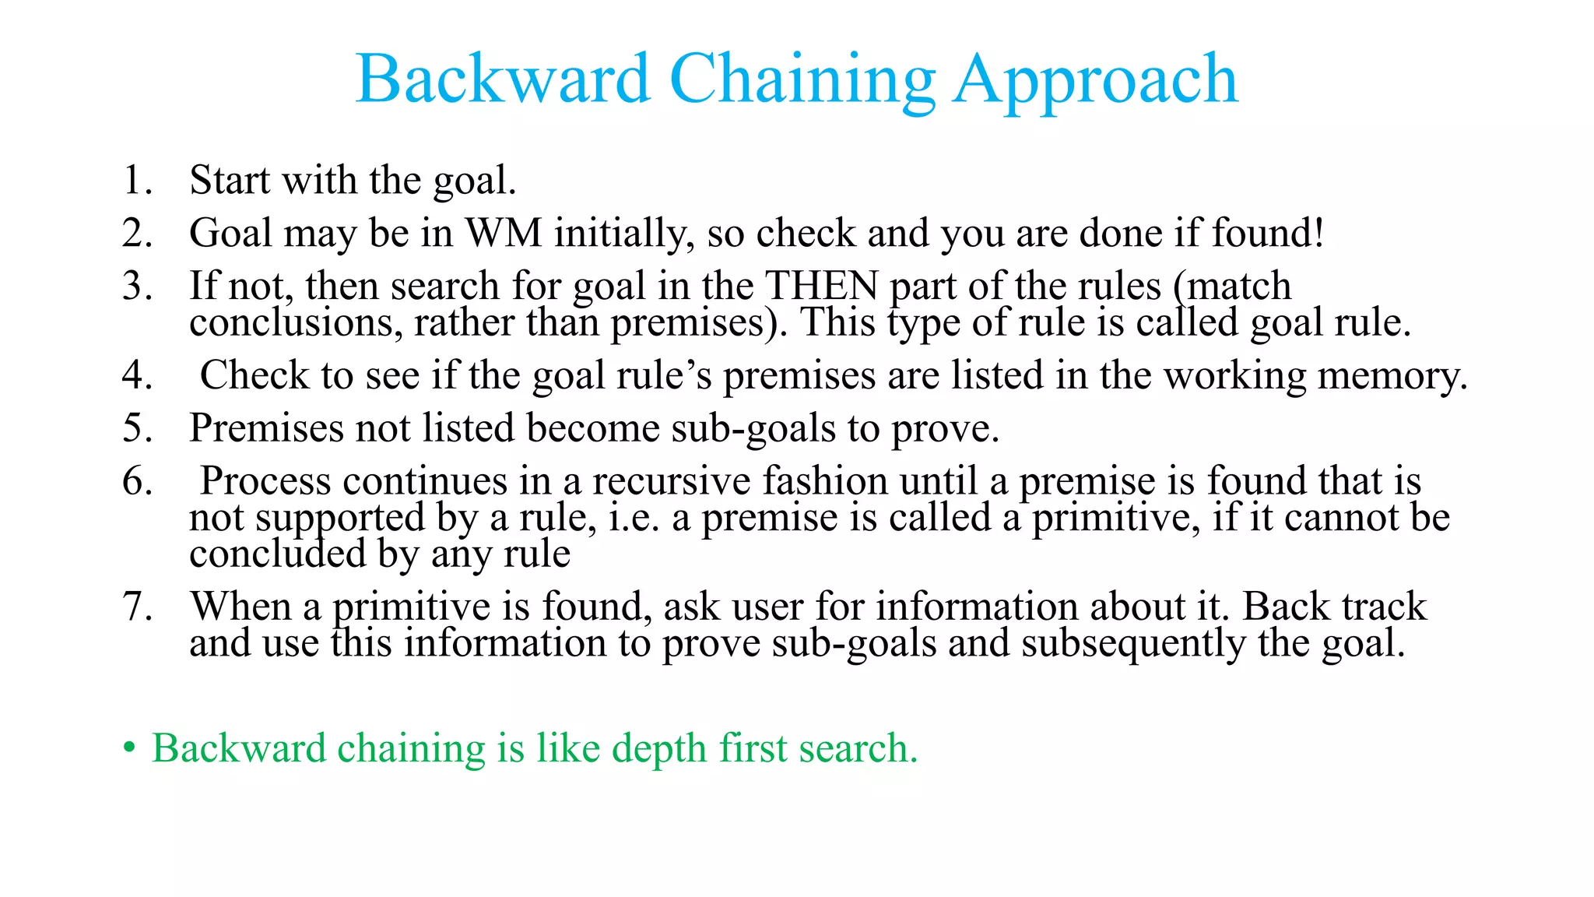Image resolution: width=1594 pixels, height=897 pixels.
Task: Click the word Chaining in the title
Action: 802,80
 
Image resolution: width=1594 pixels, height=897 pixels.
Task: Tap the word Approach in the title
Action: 1096,80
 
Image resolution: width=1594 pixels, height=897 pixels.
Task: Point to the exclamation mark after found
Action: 1318,233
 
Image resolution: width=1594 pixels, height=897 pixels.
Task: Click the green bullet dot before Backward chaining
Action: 129,749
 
